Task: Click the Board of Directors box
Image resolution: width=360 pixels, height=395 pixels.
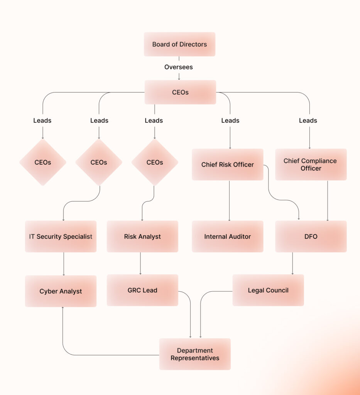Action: click(179, 44)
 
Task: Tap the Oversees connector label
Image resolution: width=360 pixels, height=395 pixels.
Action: click(178, 67)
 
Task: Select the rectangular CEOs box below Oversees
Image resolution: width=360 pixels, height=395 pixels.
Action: click(180, 92)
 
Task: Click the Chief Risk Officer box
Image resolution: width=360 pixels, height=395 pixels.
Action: click(227, 165)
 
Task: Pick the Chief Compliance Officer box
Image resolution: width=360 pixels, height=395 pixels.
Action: click(311, 165)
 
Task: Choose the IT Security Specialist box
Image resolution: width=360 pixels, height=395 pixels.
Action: click(61, 236)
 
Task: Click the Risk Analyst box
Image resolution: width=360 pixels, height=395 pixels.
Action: click(142, 236)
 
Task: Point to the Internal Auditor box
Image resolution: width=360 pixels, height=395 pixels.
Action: click(227, 236)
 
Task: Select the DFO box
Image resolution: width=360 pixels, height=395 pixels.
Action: click(311, 236)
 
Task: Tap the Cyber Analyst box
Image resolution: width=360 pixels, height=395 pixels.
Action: click(61, 291)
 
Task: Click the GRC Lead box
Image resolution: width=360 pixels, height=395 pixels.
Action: click(142, 290)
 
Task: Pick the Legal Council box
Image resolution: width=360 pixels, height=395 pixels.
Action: click(268, 290)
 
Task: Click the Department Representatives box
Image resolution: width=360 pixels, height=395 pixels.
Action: click(195, 354)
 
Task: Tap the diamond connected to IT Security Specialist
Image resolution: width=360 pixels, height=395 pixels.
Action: click(99, 162)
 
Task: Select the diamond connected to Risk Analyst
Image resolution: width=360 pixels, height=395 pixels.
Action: click(155, 162)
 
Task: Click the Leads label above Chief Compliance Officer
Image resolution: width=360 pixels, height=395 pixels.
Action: click(308, 121)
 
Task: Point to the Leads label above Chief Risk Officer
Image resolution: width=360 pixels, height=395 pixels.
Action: click(230, 121)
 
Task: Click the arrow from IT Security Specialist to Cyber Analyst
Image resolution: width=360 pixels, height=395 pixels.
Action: click(64, 264)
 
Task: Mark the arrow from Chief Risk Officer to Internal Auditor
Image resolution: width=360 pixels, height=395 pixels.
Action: click(230, 201)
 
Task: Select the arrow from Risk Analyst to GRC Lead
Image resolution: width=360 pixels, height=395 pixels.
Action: click(140, 263)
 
